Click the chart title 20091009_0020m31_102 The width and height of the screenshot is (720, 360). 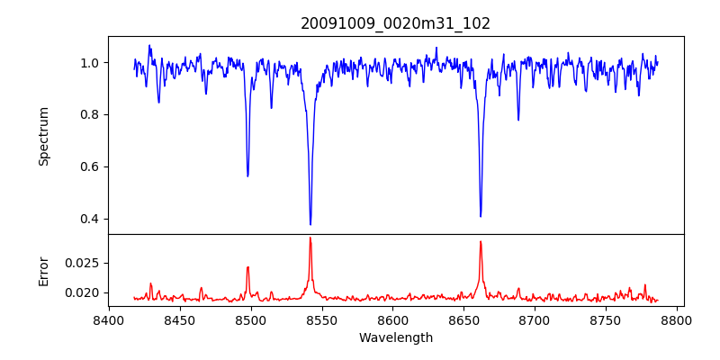(x=395, y=23)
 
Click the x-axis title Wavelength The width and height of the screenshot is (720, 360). (x=395, y=337)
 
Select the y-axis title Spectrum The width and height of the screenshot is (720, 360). (x=43, y=136)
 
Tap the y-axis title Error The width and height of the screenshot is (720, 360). (x=43, y=270)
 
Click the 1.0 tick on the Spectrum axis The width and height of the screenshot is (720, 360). (x=90, y=63)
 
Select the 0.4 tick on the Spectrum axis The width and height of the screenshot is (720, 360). (x=90, y=219)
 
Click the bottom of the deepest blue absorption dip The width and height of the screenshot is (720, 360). (x=310, y=224)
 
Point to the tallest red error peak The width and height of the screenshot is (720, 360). (x=310, y=238)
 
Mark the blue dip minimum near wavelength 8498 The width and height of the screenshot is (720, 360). (x=247, y=175)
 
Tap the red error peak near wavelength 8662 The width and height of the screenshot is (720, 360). (x=481, y=241)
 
